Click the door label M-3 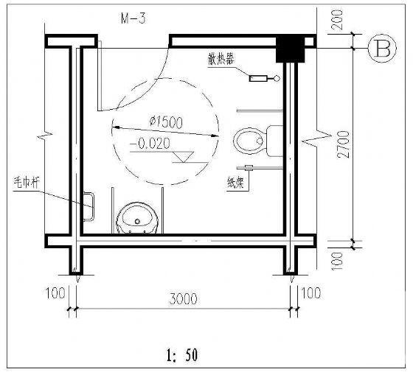point(133,18)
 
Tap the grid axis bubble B point(382,49)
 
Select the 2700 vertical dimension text point(344,144)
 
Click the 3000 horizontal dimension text point(183,299)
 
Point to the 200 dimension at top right point(338,20)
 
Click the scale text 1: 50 point(182,355)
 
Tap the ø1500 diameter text point(166,122)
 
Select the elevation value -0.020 point(150,144)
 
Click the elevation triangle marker point(184,157)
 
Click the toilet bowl point(248,141)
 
